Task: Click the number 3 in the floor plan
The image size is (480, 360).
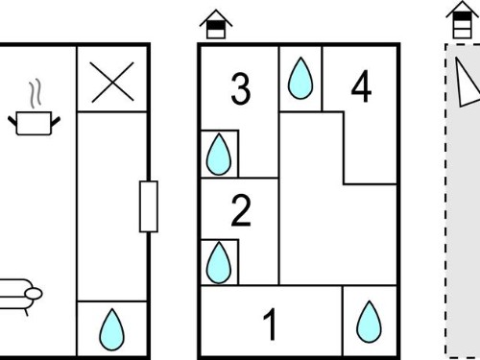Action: (240, 89)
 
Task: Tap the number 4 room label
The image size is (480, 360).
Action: (361, 86)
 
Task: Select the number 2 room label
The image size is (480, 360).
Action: (241, 210)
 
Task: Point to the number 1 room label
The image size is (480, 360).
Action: (271, 324)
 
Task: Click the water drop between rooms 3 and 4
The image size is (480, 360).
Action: (300, 78)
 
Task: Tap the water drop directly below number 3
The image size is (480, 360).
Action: (219, 155)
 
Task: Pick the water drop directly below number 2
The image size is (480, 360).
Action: (219, 263)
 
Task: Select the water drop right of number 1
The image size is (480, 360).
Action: (369, 322)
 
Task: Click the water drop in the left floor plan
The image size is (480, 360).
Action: (111, 329)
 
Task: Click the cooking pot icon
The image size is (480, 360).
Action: (34, 123)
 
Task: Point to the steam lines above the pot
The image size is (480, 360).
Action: (36, 93)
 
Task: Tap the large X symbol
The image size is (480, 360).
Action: (112, 82)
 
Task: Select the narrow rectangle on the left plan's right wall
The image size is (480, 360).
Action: (149, 206)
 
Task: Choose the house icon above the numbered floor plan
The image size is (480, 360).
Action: (216, 24)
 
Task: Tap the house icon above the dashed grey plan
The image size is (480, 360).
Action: (463, 20)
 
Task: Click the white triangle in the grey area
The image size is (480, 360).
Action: (466, 84)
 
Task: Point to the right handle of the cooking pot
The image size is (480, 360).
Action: (56, 122)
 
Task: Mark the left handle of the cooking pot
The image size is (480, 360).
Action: (12, 121)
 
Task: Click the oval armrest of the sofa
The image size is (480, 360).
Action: (34, 294)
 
